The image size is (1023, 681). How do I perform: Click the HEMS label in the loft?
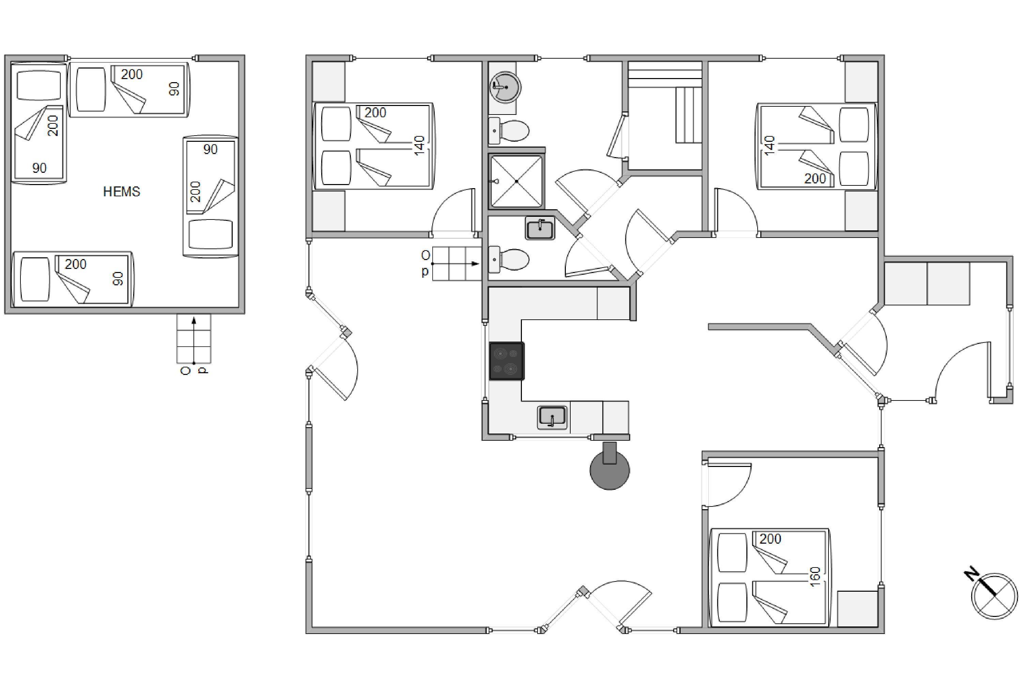122,192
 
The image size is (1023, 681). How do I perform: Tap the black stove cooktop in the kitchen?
507,361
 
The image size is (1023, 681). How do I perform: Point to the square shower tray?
516,181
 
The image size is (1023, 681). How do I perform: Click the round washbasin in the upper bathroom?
506,87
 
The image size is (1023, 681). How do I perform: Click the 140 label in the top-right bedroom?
769,146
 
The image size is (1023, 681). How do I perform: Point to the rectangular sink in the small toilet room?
540,228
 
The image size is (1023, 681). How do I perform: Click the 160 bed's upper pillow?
733,552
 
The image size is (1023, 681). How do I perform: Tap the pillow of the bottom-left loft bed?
35,279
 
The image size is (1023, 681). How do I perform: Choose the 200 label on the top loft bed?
131,74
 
